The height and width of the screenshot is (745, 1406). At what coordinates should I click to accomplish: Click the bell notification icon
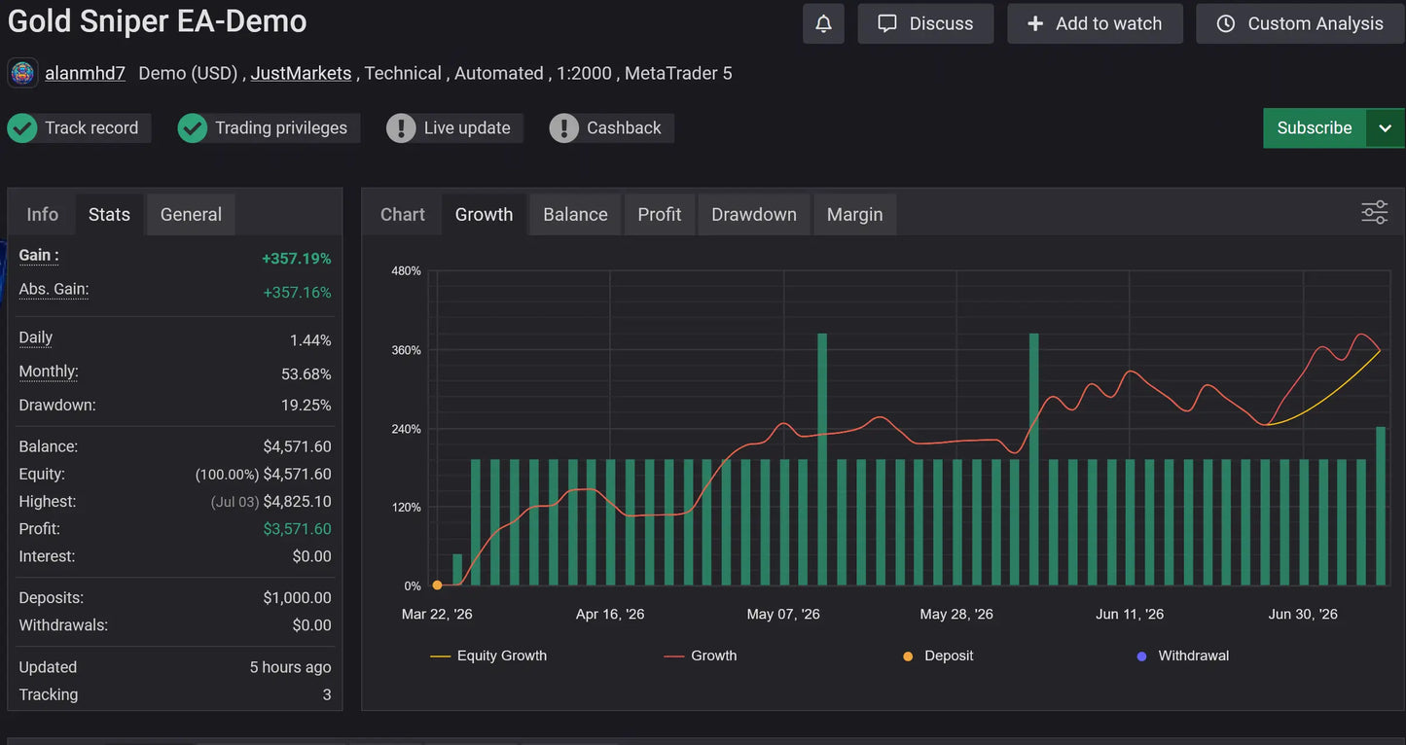tap(823, 24)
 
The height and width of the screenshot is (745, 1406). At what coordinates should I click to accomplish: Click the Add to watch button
tap(1095, 24)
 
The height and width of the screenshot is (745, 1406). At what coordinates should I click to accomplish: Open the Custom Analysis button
tap(1300, 24)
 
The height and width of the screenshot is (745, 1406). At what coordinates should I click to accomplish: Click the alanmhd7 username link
tap(85, 74)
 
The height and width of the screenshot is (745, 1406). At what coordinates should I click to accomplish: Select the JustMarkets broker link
tap(301, 74)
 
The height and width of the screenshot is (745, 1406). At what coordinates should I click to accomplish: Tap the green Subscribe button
tap(1314, 128)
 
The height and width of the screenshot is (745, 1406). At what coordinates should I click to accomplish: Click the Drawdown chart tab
tap(753, 215)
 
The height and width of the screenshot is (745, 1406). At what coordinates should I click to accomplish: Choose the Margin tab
tap(854, 215)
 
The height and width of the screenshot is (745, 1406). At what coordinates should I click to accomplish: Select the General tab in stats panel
tap(191, 215)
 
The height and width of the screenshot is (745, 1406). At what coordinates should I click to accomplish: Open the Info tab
tap(42, 215)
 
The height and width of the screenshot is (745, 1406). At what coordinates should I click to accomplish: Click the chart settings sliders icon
tap(1374, 213)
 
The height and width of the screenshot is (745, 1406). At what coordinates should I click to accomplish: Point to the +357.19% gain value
tap(296, 259)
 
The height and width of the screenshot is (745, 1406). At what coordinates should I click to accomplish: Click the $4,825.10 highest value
tap(297, 502)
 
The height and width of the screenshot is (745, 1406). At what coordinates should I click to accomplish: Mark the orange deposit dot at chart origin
tap(438, 585)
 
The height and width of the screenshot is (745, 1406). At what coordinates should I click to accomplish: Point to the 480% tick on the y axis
tap(406, 271)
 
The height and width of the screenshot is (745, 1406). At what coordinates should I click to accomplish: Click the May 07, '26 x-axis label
tap(782, 614)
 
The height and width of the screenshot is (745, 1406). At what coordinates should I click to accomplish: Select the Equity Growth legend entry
tap(488, 656)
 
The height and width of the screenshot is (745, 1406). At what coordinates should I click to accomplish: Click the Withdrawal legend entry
tap(1182, 656)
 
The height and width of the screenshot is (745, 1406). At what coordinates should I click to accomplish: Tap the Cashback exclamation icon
tap(563, 128)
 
